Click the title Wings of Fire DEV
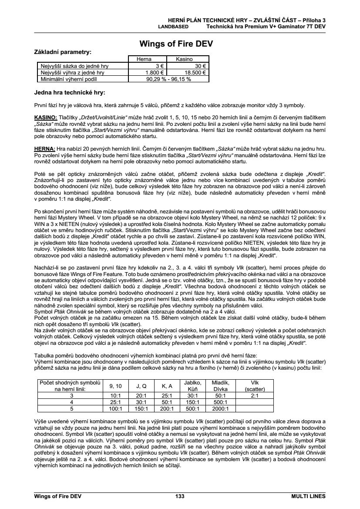coord(176,44)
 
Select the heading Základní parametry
coord(63,52)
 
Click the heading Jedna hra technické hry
coord(70,92)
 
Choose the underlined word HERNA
coord(44,148)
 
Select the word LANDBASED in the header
coord(173,26)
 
